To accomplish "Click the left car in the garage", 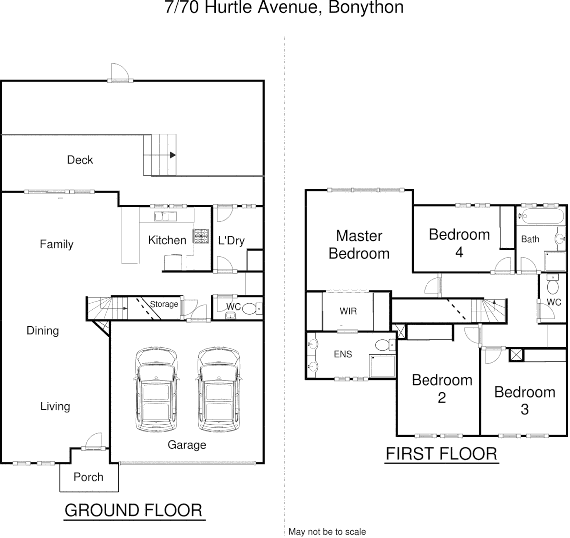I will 156,390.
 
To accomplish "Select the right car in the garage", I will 219,390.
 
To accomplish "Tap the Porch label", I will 88,477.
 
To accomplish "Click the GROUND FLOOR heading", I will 134,510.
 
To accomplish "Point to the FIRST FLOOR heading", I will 441,454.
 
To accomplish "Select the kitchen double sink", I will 165,216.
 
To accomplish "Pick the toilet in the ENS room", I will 383,345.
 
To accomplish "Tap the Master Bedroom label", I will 359,244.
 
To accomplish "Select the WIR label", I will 348,311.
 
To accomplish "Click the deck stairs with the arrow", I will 160,155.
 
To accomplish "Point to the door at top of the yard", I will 120,74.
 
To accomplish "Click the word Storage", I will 164,304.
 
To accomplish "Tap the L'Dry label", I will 231,241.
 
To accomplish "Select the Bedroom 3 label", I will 524,401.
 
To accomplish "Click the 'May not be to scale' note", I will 327,532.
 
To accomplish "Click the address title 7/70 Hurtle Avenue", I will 284,8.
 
